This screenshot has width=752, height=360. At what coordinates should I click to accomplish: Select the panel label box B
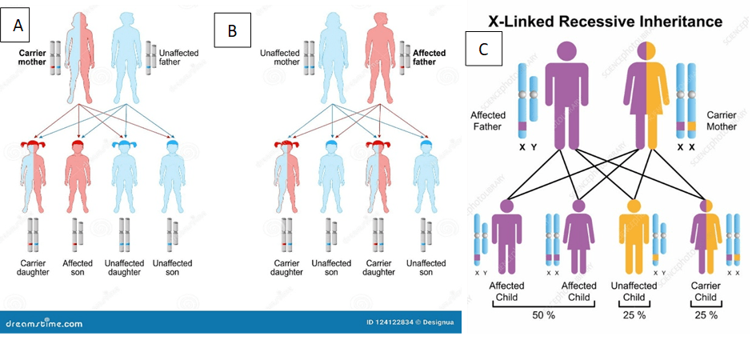233,30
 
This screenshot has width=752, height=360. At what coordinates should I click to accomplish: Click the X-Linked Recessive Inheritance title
606,22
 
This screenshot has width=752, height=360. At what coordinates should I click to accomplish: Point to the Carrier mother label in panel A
34,58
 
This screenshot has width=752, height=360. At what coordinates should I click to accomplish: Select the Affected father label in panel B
429,58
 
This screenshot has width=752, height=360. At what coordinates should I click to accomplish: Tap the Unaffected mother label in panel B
279,58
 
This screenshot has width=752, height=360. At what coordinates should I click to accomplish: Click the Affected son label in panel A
78,268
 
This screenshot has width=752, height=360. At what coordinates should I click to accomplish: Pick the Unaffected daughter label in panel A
125,268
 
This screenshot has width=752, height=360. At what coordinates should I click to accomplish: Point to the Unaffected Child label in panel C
634,292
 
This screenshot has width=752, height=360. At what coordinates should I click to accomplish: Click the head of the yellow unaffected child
634,206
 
